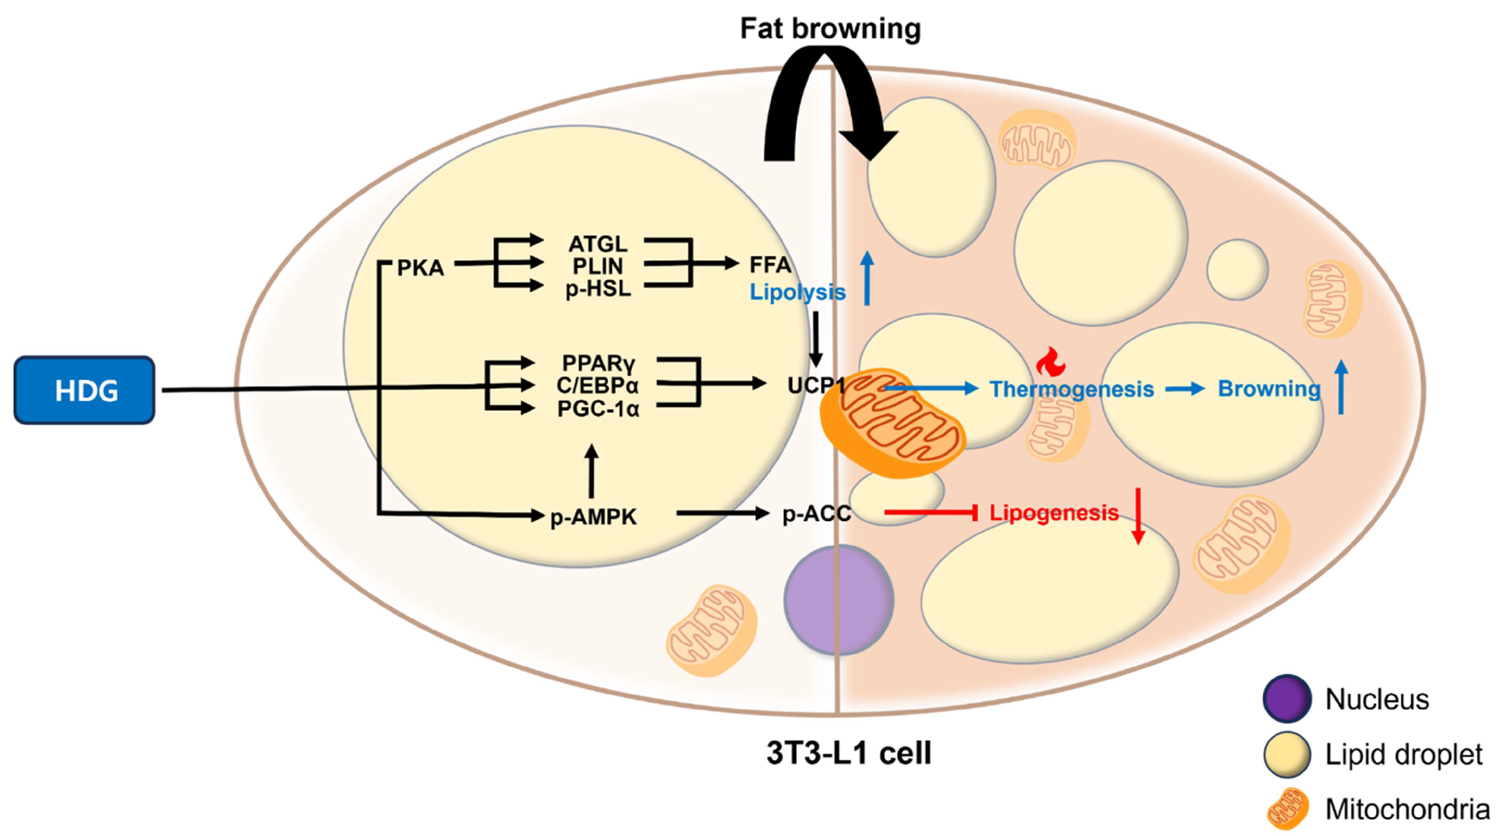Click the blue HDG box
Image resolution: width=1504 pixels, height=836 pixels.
(x=85, y=390)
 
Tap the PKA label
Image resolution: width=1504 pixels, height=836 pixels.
(x=420, y=268)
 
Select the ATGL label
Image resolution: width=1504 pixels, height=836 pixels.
(x=598, y=244)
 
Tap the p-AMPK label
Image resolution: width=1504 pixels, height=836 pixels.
(x=593, y=517)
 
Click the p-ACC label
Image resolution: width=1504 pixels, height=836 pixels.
(x=816, y=514)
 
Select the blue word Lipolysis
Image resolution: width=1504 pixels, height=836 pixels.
(x=798, y=292)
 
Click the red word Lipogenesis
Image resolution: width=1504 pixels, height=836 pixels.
(x=1054, y=512)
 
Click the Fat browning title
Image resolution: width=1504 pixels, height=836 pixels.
(x=830, y=28)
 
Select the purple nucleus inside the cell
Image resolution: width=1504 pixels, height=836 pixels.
(x=838, y=600)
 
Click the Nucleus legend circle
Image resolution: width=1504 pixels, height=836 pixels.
(x=1287, y=699)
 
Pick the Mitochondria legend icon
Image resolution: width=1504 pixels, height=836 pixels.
(x=1287, y=809)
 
